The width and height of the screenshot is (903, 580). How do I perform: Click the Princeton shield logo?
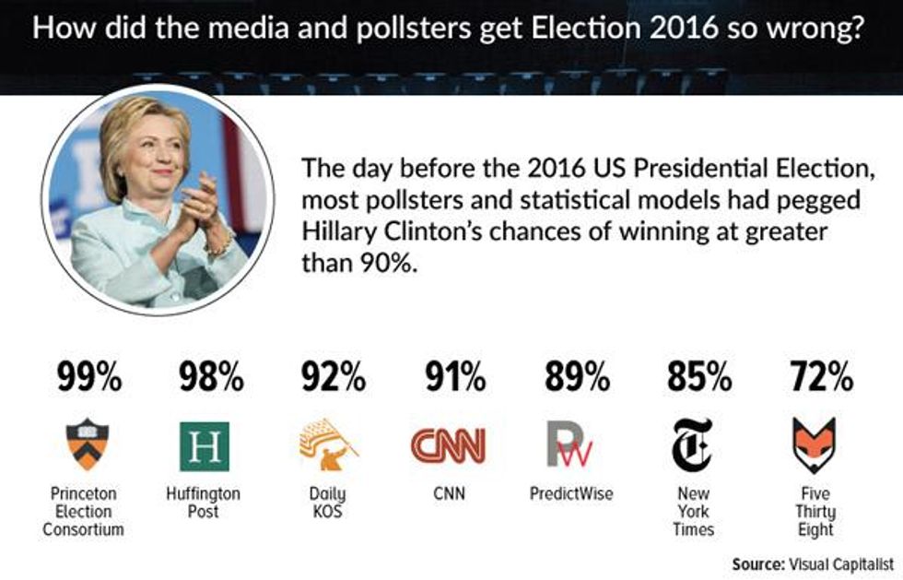point(88,444)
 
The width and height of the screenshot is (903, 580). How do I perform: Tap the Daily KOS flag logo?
point(328,444)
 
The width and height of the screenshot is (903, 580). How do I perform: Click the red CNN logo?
point(448,446)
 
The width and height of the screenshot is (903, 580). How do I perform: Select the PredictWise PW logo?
point(570,446)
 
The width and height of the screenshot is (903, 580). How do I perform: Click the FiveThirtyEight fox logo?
point(815,444)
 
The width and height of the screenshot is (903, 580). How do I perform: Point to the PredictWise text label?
point(571,494)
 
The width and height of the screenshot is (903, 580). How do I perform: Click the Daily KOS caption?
point(327,503)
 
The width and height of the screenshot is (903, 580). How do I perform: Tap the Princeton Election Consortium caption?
point(88,512)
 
